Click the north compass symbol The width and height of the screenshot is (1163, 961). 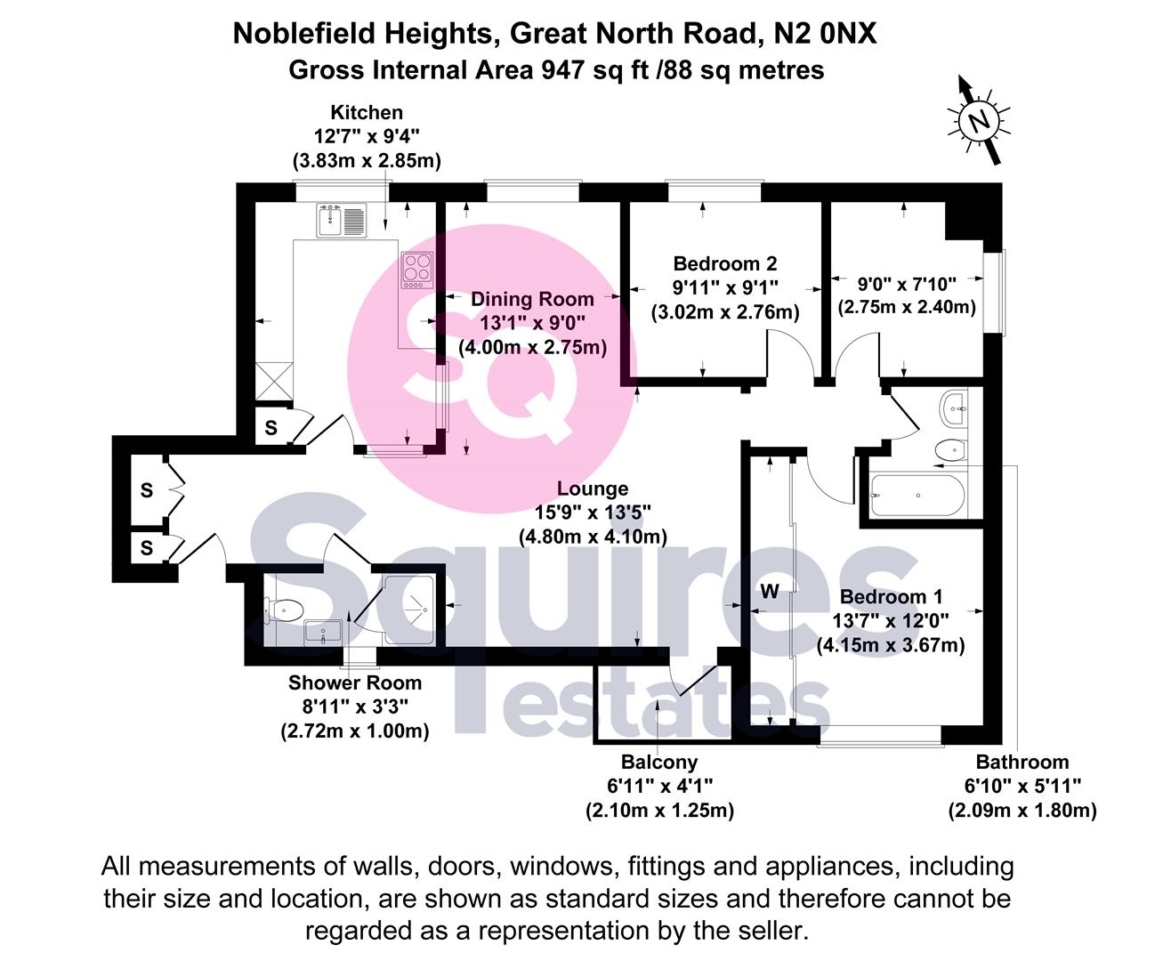[979, 121]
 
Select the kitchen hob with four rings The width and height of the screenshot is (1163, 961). [416, 270]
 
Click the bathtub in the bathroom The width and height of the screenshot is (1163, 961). [917, 495]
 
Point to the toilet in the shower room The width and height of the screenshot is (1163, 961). [284, 610]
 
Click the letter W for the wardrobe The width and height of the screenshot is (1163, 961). [770, 592]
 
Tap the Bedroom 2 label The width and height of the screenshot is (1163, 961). [724, 263]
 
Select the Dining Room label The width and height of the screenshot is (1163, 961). [532, 299]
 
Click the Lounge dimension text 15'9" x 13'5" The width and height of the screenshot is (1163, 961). [593, 513]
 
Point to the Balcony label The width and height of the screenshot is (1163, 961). [658, 762]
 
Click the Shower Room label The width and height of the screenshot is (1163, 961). [354, 683]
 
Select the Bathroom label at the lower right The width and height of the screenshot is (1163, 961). [1022, 762]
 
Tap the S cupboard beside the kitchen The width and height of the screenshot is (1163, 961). [271, 428]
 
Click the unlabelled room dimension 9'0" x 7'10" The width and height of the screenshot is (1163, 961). [906, 284]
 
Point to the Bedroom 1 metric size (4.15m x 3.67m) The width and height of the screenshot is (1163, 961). [891, 644]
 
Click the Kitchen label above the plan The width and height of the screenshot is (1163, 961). [367, 112]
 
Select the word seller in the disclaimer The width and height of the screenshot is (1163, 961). [766, 931]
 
